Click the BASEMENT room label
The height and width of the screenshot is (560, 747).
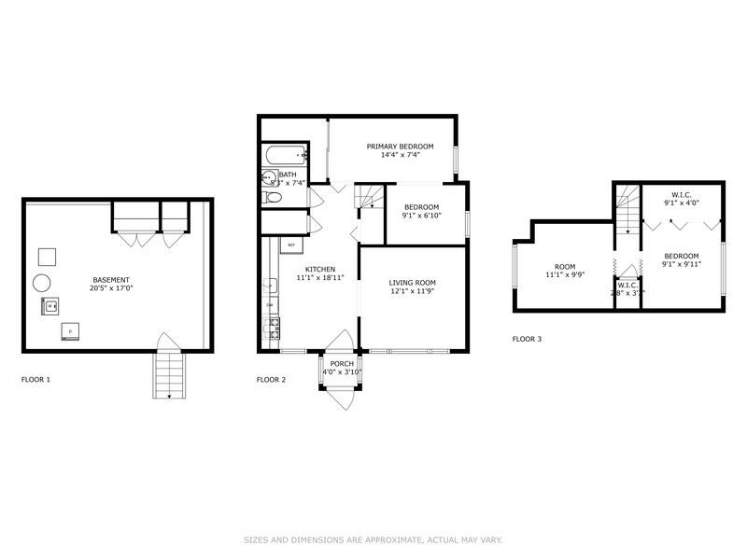(111, 280)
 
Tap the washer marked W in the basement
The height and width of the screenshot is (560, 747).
(49, 304)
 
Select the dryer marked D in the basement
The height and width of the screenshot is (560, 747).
(70, 330)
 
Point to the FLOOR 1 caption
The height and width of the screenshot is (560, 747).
(35, 380)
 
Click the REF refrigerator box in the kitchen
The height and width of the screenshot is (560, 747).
(291, 245)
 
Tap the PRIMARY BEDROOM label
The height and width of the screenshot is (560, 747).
(400, 147)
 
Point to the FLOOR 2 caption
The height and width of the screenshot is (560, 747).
(271, 380)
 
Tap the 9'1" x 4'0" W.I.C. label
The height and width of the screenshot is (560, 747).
(682, 203)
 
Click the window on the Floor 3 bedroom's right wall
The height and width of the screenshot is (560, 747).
(725, 269)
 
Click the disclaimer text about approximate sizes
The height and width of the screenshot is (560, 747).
(373, 539)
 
